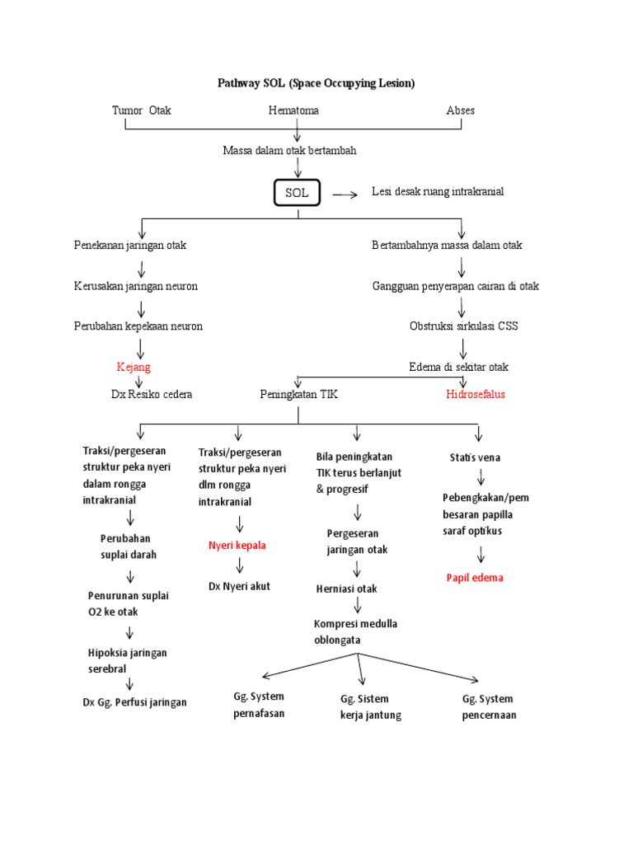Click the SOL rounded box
(297, 193)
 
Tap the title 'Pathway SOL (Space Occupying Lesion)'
(316, 83)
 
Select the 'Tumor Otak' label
(142, 110)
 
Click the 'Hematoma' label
(293, 110)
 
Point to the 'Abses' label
(460, 110)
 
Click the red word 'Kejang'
(134, 367)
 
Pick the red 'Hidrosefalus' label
(476, 394)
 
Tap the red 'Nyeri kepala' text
(237, 546)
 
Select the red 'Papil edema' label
(474, 578)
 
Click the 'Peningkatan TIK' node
(298, 394)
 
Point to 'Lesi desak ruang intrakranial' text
(437, 191)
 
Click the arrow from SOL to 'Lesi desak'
(345, 195)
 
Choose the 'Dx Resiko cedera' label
(152, 394)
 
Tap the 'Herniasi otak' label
(346, 588)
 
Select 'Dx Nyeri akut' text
(239, 586)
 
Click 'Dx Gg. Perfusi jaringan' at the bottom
(137, 702)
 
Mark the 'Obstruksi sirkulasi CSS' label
(464, 326)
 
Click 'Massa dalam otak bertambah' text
(289, 151)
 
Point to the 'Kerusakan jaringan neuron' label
(135, 286)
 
